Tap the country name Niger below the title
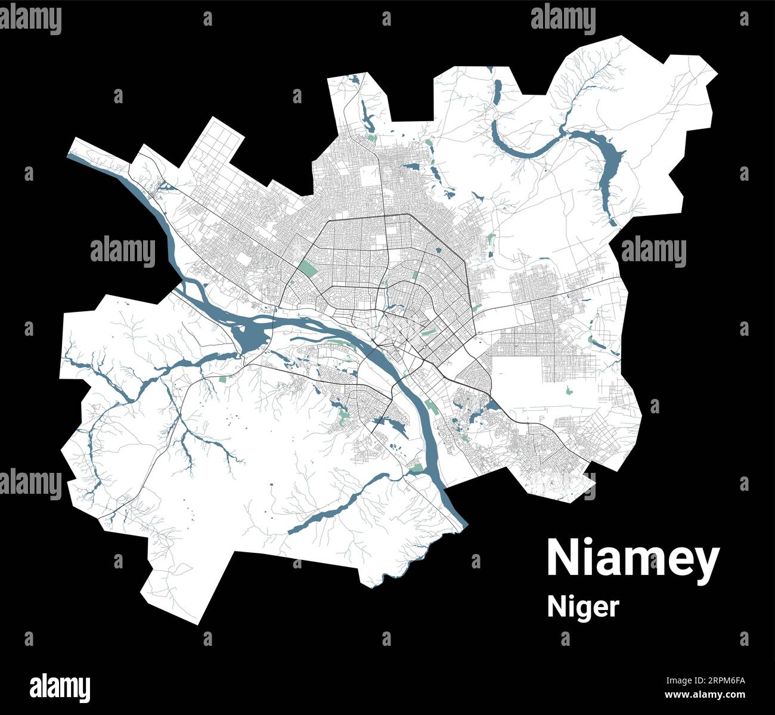(583, 607)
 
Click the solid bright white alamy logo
(60, 688)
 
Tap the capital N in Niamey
(560, 558)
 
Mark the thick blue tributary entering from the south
(334, 507)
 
